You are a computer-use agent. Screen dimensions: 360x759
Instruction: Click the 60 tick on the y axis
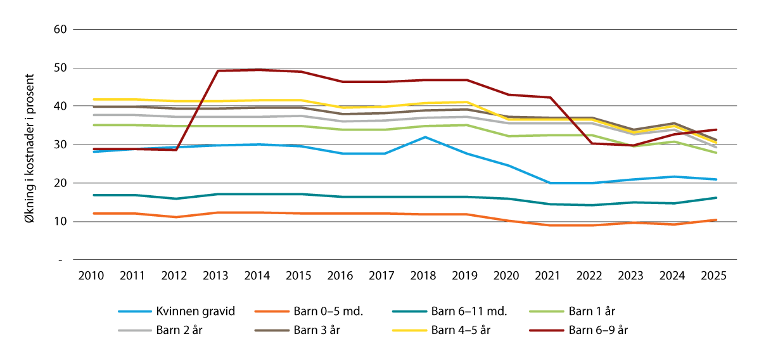pos(61,29)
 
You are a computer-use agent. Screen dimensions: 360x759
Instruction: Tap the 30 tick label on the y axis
pos(61,145)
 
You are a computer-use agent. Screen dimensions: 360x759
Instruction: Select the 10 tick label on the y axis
pos(61,221)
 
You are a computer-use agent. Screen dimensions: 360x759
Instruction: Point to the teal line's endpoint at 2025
pos(715,198)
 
